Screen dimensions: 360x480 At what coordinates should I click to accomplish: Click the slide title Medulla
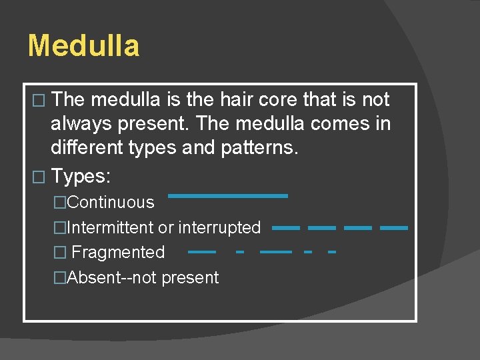click(84, 46)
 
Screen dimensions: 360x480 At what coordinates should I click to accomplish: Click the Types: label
click(81, 177)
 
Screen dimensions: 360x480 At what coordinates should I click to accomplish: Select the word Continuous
click(111, 203)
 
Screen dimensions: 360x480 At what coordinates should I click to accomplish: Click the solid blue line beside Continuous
click(227, 196)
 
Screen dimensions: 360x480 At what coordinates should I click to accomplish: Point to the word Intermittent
click(111, 227)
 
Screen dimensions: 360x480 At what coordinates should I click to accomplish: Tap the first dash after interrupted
click(286, 228)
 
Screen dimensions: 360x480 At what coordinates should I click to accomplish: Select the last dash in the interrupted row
click(393, 228)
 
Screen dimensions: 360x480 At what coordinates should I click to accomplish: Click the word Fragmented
click(118, 252)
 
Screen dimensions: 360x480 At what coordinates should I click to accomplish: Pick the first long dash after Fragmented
click(202, 253)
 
